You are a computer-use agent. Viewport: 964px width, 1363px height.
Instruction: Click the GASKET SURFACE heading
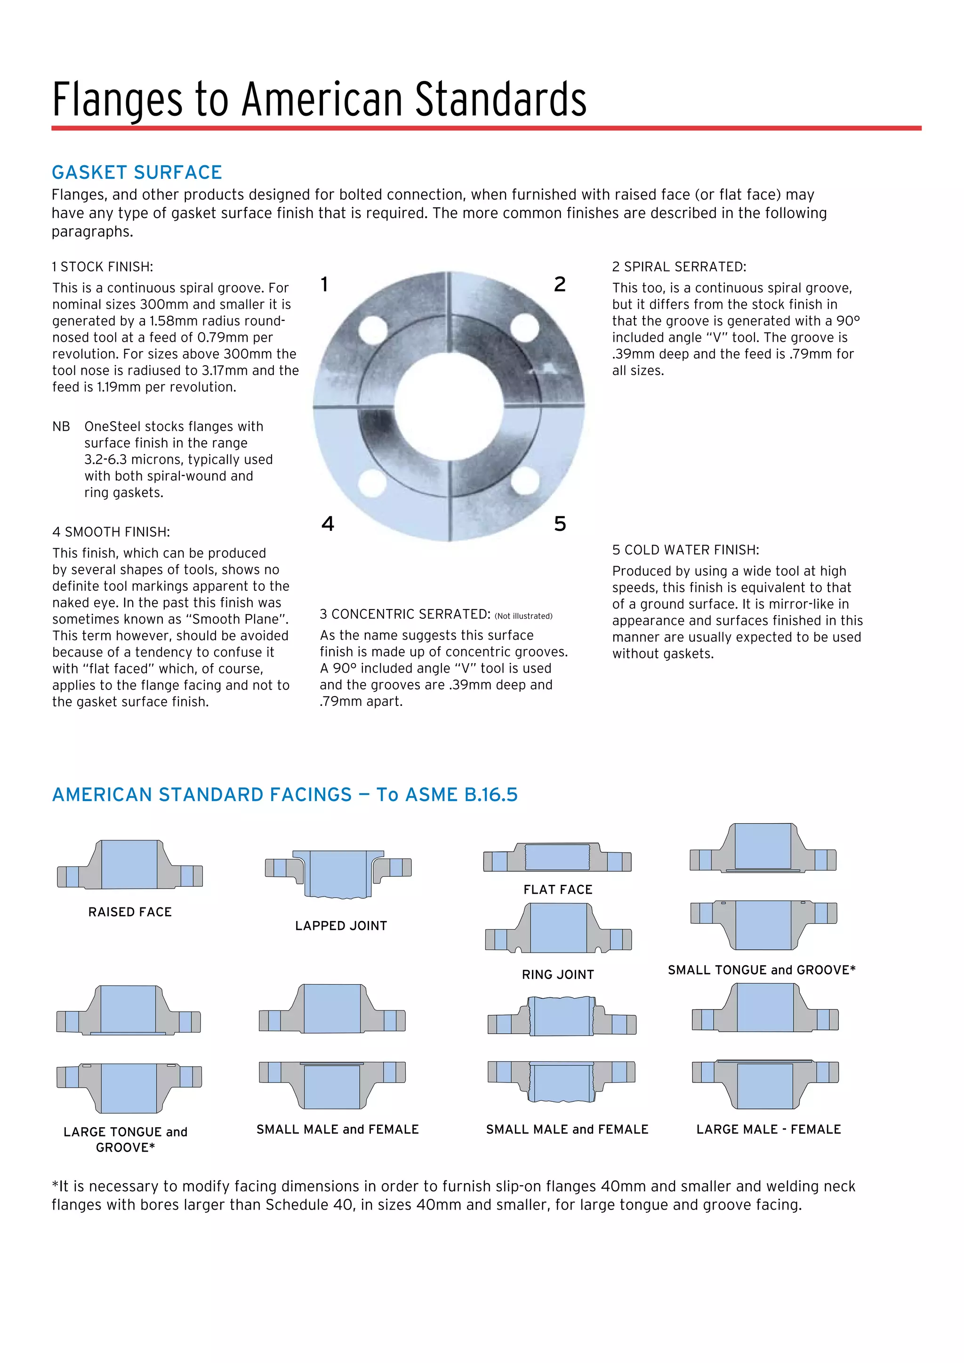[x=137, y=172]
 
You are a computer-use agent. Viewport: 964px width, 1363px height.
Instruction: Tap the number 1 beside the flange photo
[x=324, y=284]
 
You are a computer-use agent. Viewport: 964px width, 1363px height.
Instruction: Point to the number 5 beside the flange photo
[x=560, y=523]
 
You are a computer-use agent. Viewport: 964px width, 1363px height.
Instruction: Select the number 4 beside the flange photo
[x=328, y=523]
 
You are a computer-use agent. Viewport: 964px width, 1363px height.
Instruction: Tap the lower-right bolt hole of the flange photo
[x=525, y=481]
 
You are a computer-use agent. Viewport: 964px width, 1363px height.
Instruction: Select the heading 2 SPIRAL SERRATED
[x=679, y=266]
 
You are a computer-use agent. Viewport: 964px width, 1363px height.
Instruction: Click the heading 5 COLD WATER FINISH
[x=686, y=550]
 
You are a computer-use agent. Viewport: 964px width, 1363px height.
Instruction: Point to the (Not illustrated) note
[x=523, y=616]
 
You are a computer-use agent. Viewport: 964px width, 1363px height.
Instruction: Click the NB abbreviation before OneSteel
[x=61, y=426]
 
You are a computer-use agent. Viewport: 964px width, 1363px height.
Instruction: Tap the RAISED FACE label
[x=130, y=912]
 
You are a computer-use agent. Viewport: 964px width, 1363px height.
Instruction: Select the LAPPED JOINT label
[x=341, y=925]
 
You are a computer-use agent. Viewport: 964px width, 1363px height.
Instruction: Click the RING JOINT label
[x=557, y=974]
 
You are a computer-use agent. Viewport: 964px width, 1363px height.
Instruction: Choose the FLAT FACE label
[x=557, y=889]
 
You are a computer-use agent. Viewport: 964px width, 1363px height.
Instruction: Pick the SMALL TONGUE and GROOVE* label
[x=762, y=970]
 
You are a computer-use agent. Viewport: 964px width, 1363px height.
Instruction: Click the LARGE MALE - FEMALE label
[x=768, y=1129]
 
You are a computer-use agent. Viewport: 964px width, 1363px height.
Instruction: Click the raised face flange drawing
[x=130, y=865]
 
